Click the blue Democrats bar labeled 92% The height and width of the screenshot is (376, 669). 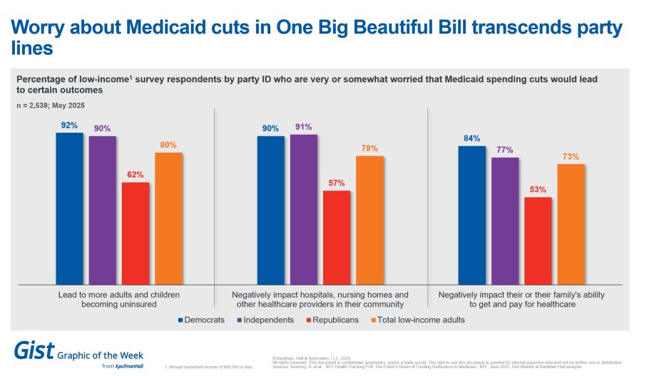69,208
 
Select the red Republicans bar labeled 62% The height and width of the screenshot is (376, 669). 136,233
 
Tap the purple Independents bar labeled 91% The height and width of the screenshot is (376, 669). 304,209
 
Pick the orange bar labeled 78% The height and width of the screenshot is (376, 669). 369,220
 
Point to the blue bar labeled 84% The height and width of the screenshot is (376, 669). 471,215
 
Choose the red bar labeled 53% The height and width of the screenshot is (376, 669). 538,240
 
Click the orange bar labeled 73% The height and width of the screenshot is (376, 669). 571,224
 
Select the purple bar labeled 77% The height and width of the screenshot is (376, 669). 505,220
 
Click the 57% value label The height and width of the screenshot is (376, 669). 337,183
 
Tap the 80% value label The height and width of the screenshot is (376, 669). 168,145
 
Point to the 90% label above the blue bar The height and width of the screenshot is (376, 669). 270,128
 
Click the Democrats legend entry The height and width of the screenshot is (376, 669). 201,320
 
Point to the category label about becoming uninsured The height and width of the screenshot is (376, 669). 118,299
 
